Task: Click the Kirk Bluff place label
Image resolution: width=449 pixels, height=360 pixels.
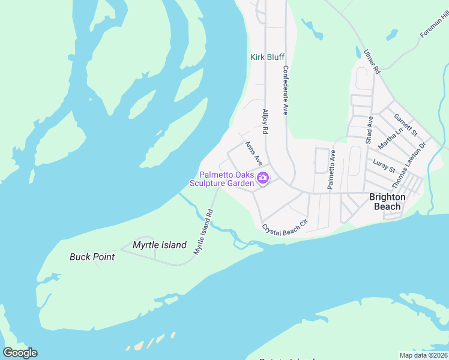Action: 267,57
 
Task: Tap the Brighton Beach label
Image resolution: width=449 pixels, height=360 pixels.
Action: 387,202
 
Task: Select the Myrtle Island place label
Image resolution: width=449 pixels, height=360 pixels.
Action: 159,245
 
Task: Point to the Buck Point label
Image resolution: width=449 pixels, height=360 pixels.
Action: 92,257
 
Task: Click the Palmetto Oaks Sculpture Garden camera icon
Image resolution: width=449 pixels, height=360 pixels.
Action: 262,178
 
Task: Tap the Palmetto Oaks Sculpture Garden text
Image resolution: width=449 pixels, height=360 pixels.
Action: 222,179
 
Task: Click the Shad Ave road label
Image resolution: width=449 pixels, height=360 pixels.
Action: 370,130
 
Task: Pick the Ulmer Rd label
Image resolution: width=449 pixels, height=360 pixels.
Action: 372,62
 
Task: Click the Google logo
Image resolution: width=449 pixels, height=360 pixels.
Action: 20,353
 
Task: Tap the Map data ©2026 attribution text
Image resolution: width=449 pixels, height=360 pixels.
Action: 423,355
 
